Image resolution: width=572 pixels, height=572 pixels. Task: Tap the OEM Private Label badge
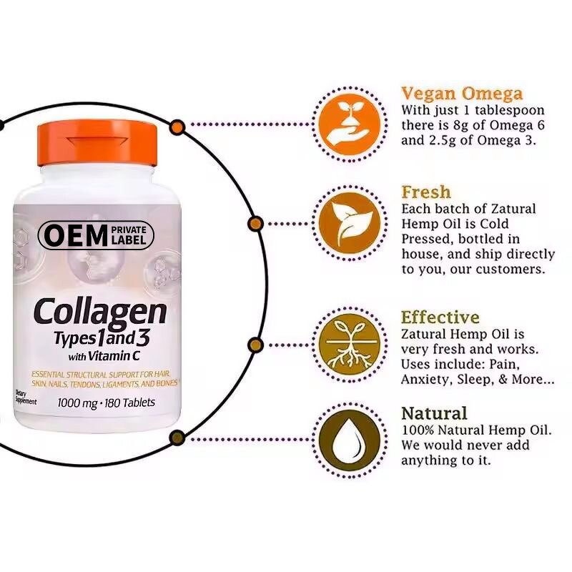[96, 235]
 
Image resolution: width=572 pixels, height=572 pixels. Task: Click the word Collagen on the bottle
[101, 312]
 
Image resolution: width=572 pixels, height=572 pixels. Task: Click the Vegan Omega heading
[461, 94]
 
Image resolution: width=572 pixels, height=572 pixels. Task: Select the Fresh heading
[425, 192]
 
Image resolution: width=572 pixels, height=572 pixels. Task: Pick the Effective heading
[440, 317]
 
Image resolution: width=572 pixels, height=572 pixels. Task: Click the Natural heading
[434, 413]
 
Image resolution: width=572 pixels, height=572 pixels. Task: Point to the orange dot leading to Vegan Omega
[177, 127]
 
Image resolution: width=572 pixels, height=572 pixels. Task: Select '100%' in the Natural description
[418, 430]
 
